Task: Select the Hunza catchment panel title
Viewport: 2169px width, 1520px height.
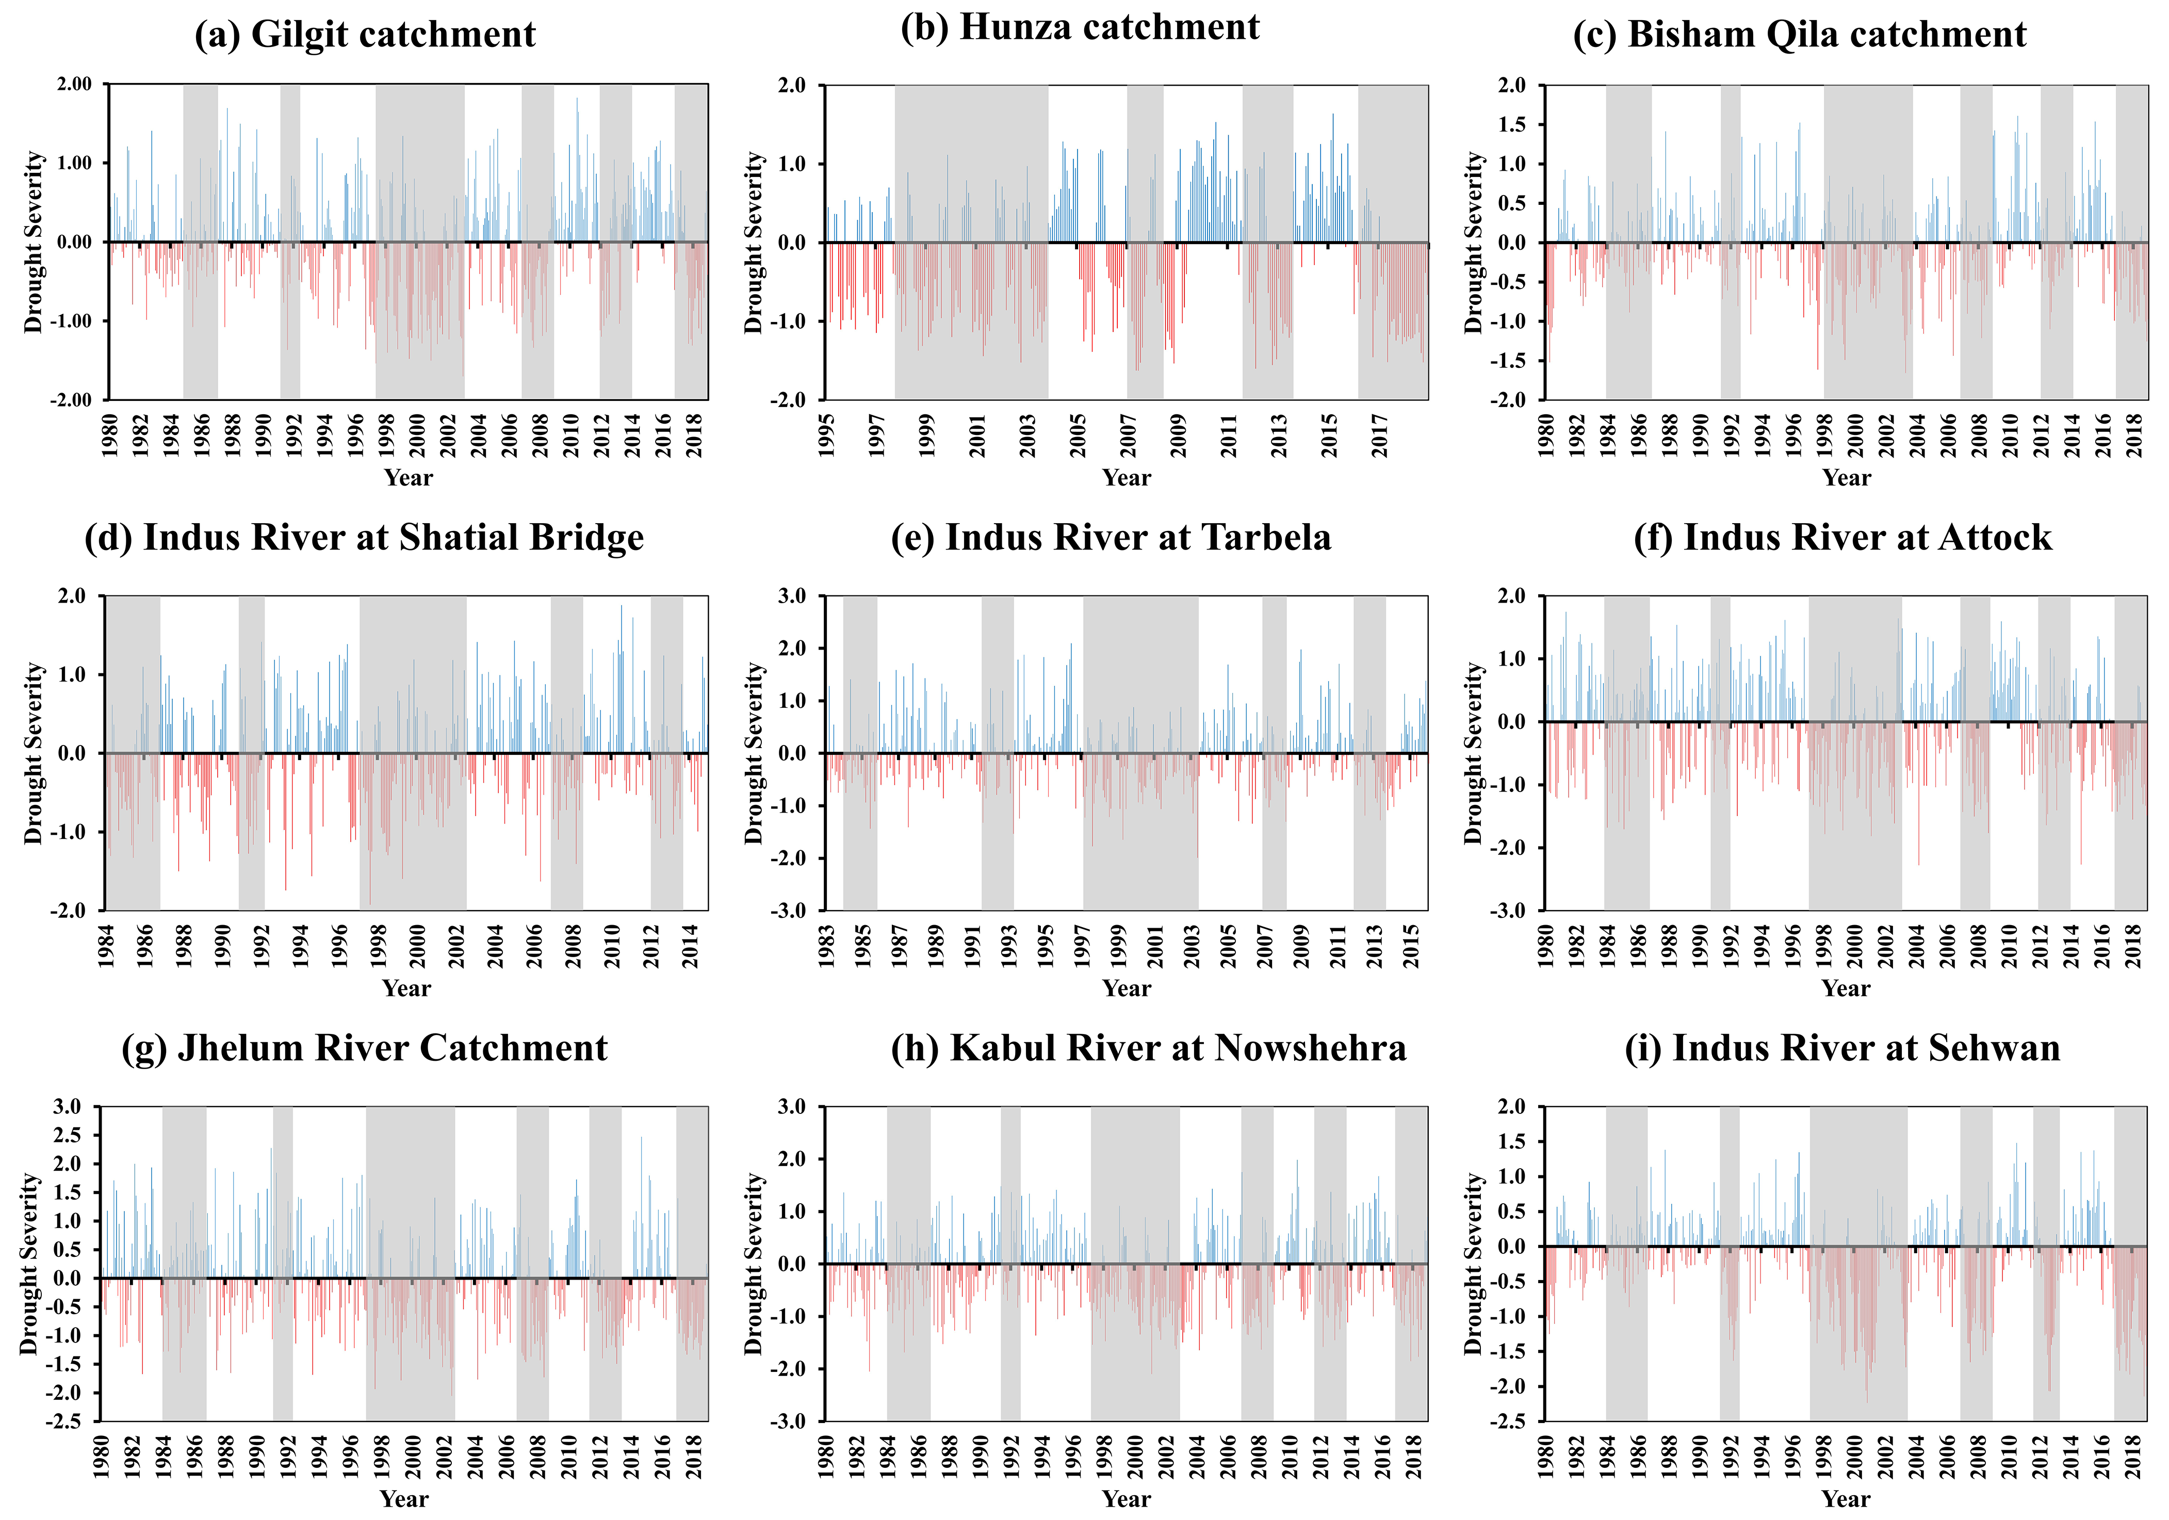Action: pos(1080,27)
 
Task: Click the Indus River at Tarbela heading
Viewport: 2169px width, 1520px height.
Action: pos(1111,538)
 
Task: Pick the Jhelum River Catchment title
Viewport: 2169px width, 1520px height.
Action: pos(365,1048)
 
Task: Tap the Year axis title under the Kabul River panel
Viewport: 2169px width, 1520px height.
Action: pos(1126,1499)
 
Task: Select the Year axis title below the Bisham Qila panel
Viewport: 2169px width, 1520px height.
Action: pos(1846,478)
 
